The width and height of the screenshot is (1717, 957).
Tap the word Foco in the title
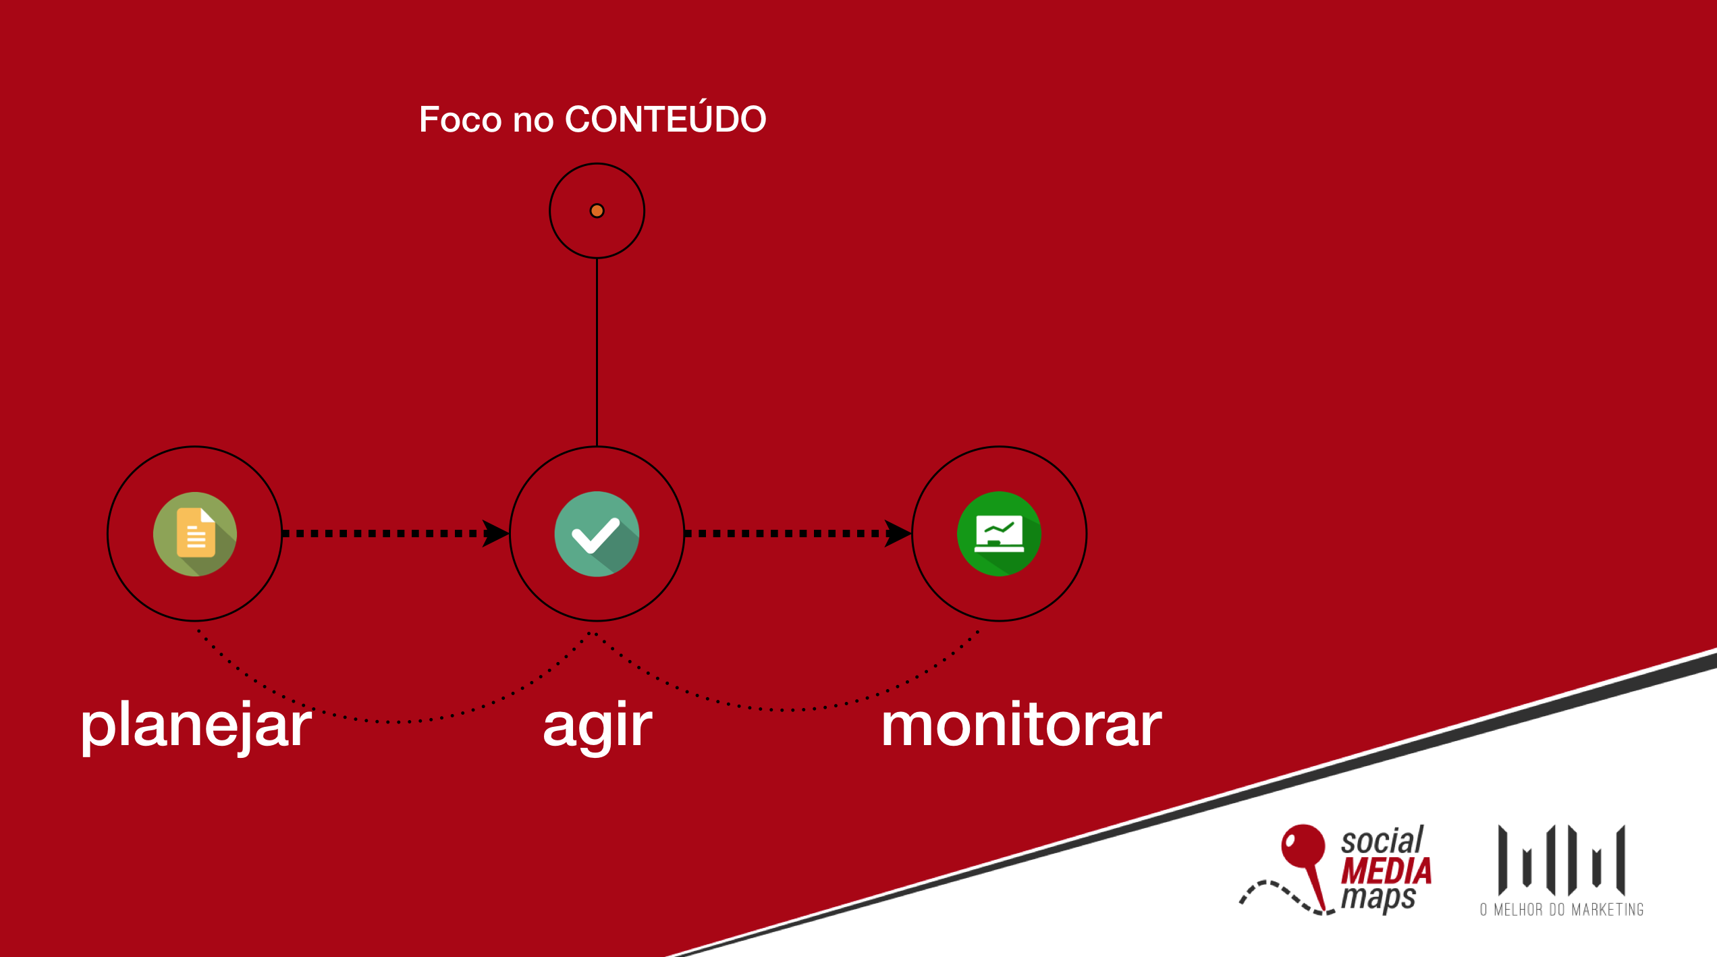tap(461, 119)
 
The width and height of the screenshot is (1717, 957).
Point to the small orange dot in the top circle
tap(597, 211)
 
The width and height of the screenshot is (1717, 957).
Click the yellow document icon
tap(195, 533)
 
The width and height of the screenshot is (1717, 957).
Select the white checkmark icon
tap(597, 534)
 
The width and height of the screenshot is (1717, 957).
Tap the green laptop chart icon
tap(999, 534)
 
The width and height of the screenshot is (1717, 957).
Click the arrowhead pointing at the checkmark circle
tap(495, 533)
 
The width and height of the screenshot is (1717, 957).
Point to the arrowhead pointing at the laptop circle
tap(898, 533)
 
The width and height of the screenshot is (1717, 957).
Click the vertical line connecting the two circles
tap(597, 352)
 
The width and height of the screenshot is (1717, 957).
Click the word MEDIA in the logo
tap(1386, 871)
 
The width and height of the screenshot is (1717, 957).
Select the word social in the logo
tap(1382, 840)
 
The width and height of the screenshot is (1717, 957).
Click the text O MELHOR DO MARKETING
tap(1562, 910)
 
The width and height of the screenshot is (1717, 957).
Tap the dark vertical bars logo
tap(1562, 859)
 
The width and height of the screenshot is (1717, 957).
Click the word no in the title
tap(533, 121)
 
